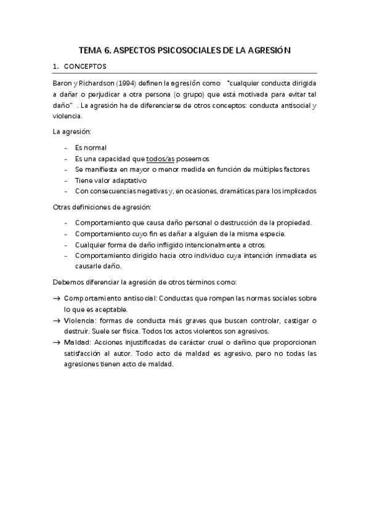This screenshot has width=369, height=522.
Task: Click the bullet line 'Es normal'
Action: tap(91, 148)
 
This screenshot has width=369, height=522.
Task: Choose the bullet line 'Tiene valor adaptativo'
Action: tap(111, 180)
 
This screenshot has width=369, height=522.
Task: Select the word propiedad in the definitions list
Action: tap(293, 223)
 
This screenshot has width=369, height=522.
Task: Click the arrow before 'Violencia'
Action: tap(57, 321)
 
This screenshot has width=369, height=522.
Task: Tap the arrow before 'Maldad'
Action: tap(57, 342)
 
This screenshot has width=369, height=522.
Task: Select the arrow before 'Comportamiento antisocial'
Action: tap(57, 299)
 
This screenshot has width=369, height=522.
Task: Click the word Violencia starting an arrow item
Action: tap(77, 321)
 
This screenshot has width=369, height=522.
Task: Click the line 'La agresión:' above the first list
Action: tap(70, 132)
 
